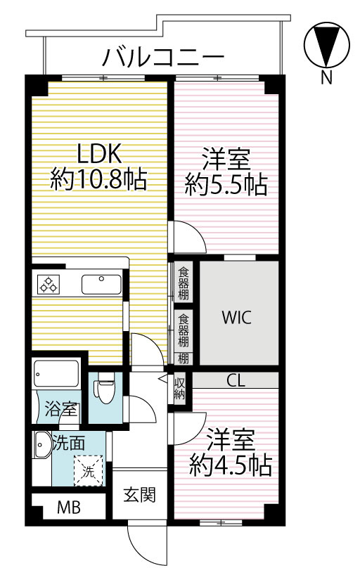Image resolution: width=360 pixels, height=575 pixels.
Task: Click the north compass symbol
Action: coord(326,46)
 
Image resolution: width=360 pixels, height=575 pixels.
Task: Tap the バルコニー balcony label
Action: coord(163,57)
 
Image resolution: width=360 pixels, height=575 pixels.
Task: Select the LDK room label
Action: coord(99,153)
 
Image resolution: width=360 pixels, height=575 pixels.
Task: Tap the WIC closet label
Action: coord(236,317)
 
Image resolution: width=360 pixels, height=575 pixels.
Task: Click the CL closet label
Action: coord(236,380)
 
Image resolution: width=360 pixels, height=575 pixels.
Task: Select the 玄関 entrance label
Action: coord(140,495)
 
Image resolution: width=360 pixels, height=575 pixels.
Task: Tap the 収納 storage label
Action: coord(179,389)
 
